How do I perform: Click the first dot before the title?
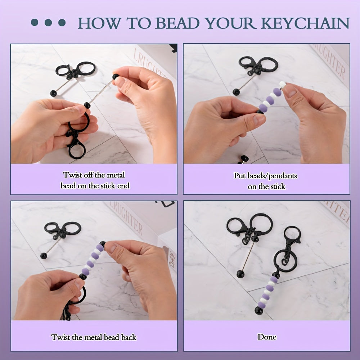[35, 23]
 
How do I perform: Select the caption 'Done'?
[267, 337]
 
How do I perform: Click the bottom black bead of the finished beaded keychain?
[259, 310]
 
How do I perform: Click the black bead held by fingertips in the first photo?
[116, 77]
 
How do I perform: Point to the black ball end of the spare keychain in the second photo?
[236, 92]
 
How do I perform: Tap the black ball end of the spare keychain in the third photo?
[44, 256]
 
